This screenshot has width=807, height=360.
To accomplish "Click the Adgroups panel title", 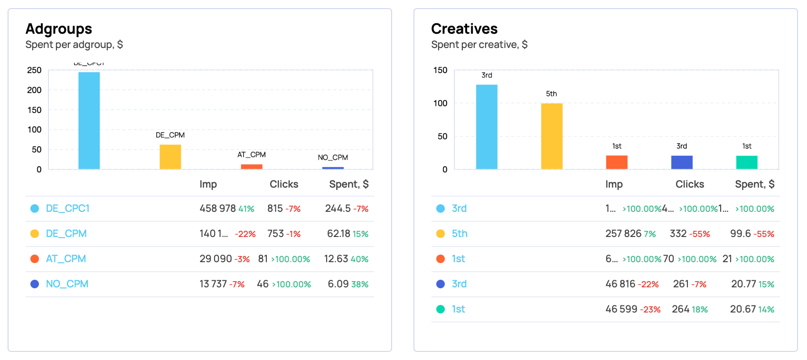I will [x=59, y=29].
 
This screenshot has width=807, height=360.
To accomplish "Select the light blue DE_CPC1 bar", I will [x=89, y=121].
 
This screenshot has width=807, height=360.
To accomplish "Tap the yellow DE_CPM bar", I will [x=170, y=157].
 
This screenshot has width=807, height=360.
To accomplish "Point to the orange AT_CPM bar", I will [x=252, y=167].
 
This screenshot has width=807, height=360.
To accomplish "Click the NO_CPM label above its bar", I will [x=333, y=158].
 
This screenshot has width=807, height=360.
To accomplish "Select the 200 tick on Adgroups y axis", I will [x=34, y=90].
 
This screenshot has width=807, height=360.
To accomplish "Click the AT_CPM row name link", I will [x=66, y=259].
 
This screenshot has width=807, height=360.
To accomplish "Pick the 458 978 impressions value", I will [x=217, y=208].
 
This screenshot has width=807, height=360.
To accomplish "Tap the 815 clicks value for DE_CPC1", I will [x=275, y=208].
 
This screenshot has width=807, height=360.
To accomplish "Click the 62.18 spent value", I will [x=338, y=234].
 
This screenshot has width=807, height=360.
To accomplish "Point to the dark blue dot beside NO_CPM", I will [x=35, y=284].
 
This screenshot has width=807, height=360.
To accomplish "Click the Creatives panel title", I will [x=464, y=29].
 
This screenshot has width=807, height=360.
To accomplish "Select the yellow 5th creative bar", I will [x=552, y=136].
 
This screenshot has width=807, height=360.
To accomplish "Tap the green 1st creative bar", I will [x=747, y=162].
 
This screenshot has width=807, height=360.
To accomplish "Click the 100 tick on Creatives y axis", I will [x=440, y=104].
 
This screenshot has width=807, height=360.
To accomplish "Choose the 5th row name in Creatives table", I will [x=460, y=234].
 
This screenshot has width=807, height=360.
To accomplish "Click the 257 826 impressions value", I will [x=623, y=234].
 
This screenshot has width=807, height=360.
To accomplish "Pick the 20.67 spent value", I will [x=743, y=309].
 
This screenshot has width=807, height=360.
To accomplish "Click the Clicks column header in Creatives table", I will [x=690, y=184].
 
